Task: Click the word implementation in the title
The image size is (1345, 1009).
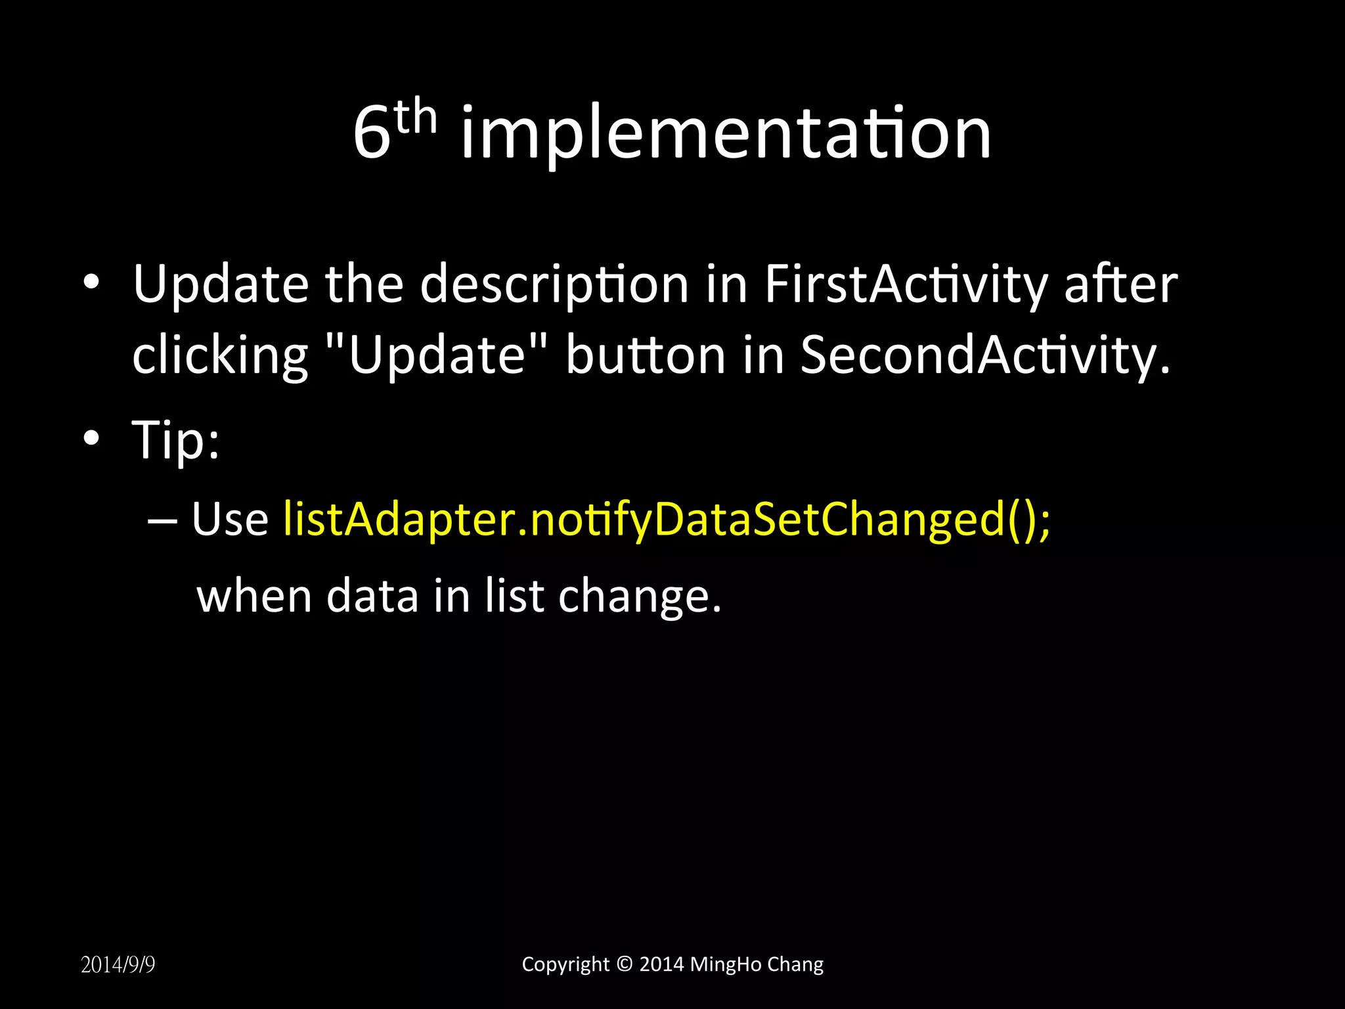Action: click(x=725, y=135)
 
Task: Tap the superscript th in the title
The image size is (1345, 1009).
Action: click(x=416, y=118)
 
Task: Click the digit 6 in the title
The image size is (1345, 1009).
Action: click(x=372, y=135)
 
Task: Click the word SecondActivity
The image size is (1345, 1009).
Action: click(x=984, y=355)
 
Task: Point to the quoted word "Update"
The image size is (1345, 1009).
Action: click(x=437, y=355)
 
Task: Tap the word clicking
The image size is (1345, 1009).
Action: click(x=220, y=355)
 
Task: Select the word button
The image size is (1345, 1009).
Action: click(x=646, y=355)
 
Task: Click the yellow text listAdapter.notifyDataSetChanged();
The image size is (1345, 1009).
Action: click(x=667, y=520)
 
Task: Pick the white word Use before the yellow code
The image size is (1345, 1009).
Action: click(x=230, y=520)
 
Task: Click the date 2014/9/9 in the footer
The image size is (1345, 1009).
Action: click(x=118, y=965)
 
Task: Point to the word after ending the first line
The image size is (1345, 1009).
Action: click(x=1120, y=285)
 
